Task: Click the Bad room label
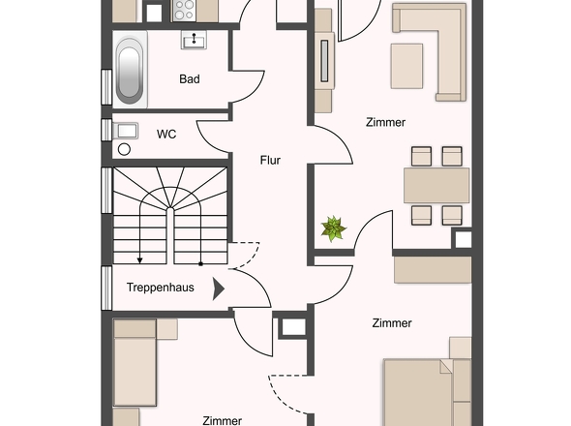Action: tap(190, 79)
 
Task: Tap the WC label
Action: tap(166, 135)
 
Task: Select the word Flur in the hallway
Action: tap(270, 160)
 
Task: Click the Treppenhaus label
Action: tap(161, 288)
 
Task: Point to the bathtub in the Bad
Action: tap(130, 70)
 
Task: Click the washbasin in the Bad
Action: tap(194, 40)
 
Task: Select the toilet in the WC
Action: tap(125, 131)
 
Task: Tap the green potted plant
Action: tap(333, 228)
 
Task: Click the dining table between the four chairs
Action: tap(436, 185)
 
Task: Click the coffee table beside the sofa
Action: tap(406, 66)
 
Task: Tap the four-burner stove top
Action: tap(184, 11)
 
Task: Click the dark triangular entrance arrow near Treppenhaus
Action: tap(218, 289)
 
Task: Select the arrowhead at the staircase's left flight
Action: tap(139, 260)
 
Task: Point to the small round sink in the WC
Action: tap(124, 149)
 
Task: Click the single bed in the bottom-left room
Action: tap(135, 363)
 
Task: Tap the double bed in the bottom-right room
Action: tap(428, 392)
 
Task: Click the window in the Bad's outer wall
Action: tap(106, 87)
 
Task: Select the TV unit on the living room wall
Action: tap(324, 60)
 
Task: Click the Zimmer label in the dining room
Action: tap(385, 122)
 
